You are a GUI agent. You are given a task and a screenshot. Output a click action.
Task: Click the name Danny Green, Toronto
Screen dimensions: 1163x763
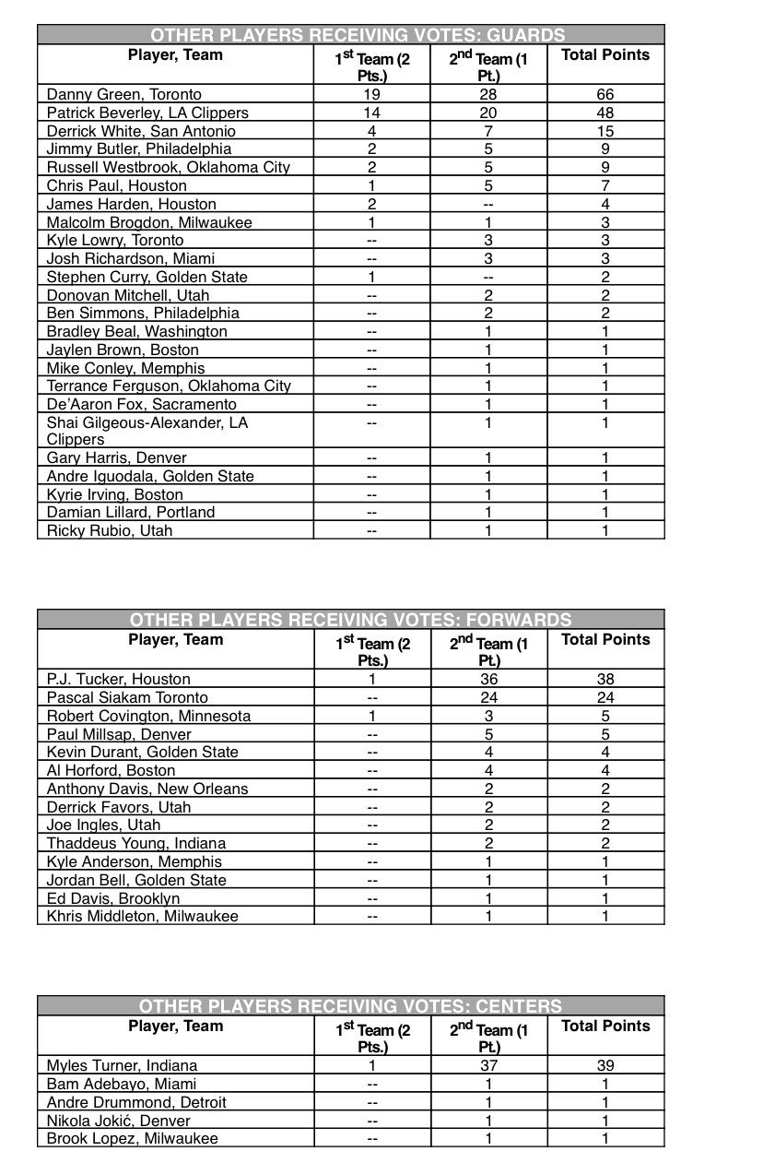click(124, 94)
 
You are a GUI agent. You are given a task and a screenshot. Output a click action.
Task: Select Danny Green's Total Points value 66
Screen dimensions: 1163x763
click(605, 94)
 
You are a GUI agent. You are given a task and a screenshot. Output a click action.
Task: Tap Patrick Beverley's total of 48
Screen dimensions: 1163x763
click(605, 113)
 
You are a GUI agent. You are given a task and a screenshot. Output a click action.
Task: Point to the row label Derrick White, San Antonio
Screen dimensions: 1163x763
click(141, 131)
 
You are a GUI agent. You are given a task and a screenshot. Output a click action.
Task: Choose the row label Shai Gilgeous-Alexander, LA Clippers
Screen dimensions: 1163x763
click(147, 431)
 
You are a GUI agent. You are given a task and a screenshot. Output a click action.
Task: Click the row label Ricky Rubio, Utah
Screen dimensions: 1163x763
click(110, 530)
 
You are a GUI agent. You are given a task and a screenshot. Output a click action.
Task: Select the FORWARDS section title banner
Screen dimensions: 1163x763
click(350, 620)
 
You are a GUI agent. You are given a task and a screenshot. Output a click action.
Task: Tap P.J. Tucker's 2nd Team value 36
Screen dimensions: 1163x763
click(488, 679)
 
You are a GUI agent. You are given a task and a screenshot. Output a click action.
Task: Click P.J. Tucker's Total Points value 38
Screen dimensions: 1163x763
click(605, 679)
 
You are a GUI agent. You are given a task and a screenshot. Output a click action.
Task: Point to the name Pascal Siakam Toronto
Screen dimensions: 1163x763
click(127, 697)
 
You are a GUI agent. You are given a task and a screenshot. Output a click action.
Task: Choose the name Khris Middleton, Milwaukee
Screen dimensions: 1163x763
click(143, 916)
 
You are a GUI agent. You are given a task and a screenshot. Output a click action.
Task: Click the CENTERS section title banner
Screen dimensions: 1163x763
click(350, 1005)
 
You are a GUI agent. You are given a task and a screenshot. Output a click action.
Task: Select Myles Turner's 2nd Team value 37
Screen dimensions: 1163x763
click(488, 1065)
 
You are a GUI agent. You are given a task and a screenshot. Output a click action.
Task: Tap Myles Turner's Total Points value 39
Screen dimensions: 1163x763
click(605, 1065)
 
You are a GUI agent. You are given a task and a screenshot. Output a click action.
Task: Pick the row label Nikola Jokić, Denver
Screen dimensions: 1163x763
click(119, 1121)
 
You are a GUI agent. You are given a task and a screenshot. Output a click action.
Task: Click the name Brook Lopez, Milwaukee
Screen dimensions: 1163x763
click(133, 1138)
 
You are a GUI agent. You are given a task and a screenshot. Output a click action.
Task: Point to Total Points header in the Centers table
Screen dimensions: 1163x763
click(605, 1027)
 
